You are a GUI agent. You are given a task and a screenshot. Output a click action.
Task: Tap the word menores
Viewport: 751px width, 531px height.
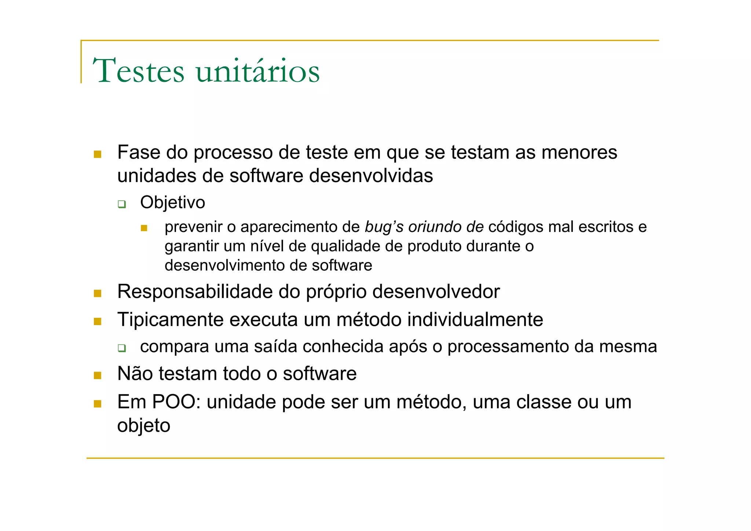[x=579, y=152]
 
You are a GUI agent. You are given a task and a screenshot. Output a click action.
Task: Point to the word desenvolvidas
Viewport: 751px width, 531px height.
[x=371, y=175]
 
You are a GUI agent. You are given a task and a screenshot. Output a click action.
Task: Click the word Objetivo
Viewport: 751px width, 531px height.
[x=172, y=203]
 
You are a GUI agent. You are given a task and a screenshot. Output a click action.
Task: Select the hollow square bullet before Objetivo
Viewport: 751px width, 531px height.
[x=122, y=204]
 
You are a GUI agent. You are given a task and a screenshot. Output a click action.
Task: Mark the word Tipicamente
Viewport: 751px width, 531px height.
[x=171, y=320]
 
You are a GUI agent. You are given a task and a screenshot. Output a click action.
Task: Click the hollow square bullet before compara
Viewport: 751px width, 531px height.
[x=122, y=348]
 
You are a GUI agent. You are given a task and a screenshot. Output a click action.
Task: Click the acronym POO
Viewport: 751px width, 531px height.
[x=174, y=402]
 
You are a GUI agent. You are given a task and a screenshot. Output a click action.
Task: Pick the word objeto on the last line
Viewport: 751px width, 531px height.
[x=144, y=426]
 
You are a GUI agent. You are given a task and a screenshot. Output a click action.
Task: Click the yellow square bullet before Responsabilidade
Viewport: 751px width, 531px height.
[x=98, y=293]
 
